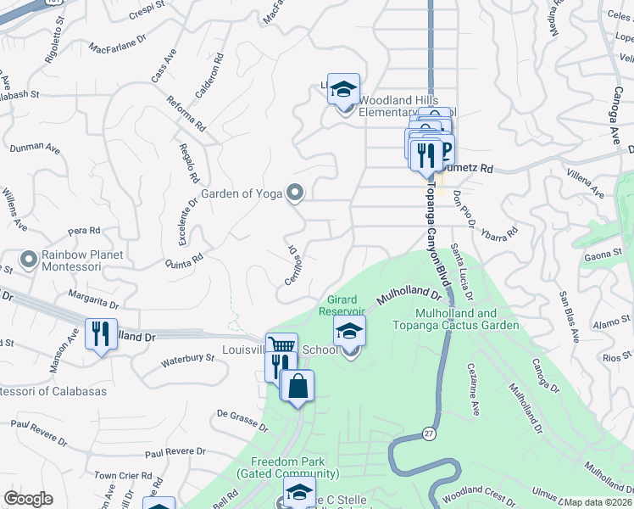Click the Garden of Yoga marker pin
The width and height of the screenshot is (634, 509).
pyautogui.click(x=295, y=193)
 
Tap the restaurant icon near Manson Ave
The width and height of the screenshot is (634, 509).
pyautogui.click(x=101, y=333)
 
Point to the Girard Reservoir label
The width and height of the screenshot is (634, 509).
pyautogui.click(x=342, y=305)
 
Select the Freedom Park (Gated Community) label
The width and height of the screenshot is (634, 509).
pyautogui.click(x=294, y=467)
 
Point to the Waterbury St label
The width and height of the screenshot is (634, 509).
pyautogui.click(x=187, y=361)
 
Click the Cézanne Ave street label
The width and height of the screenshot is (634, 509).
pyautogui.click(x=473, y=390)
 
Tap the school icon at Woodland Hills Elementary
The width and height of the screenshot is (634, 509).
pyautogui.click(x=343, y=89)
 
